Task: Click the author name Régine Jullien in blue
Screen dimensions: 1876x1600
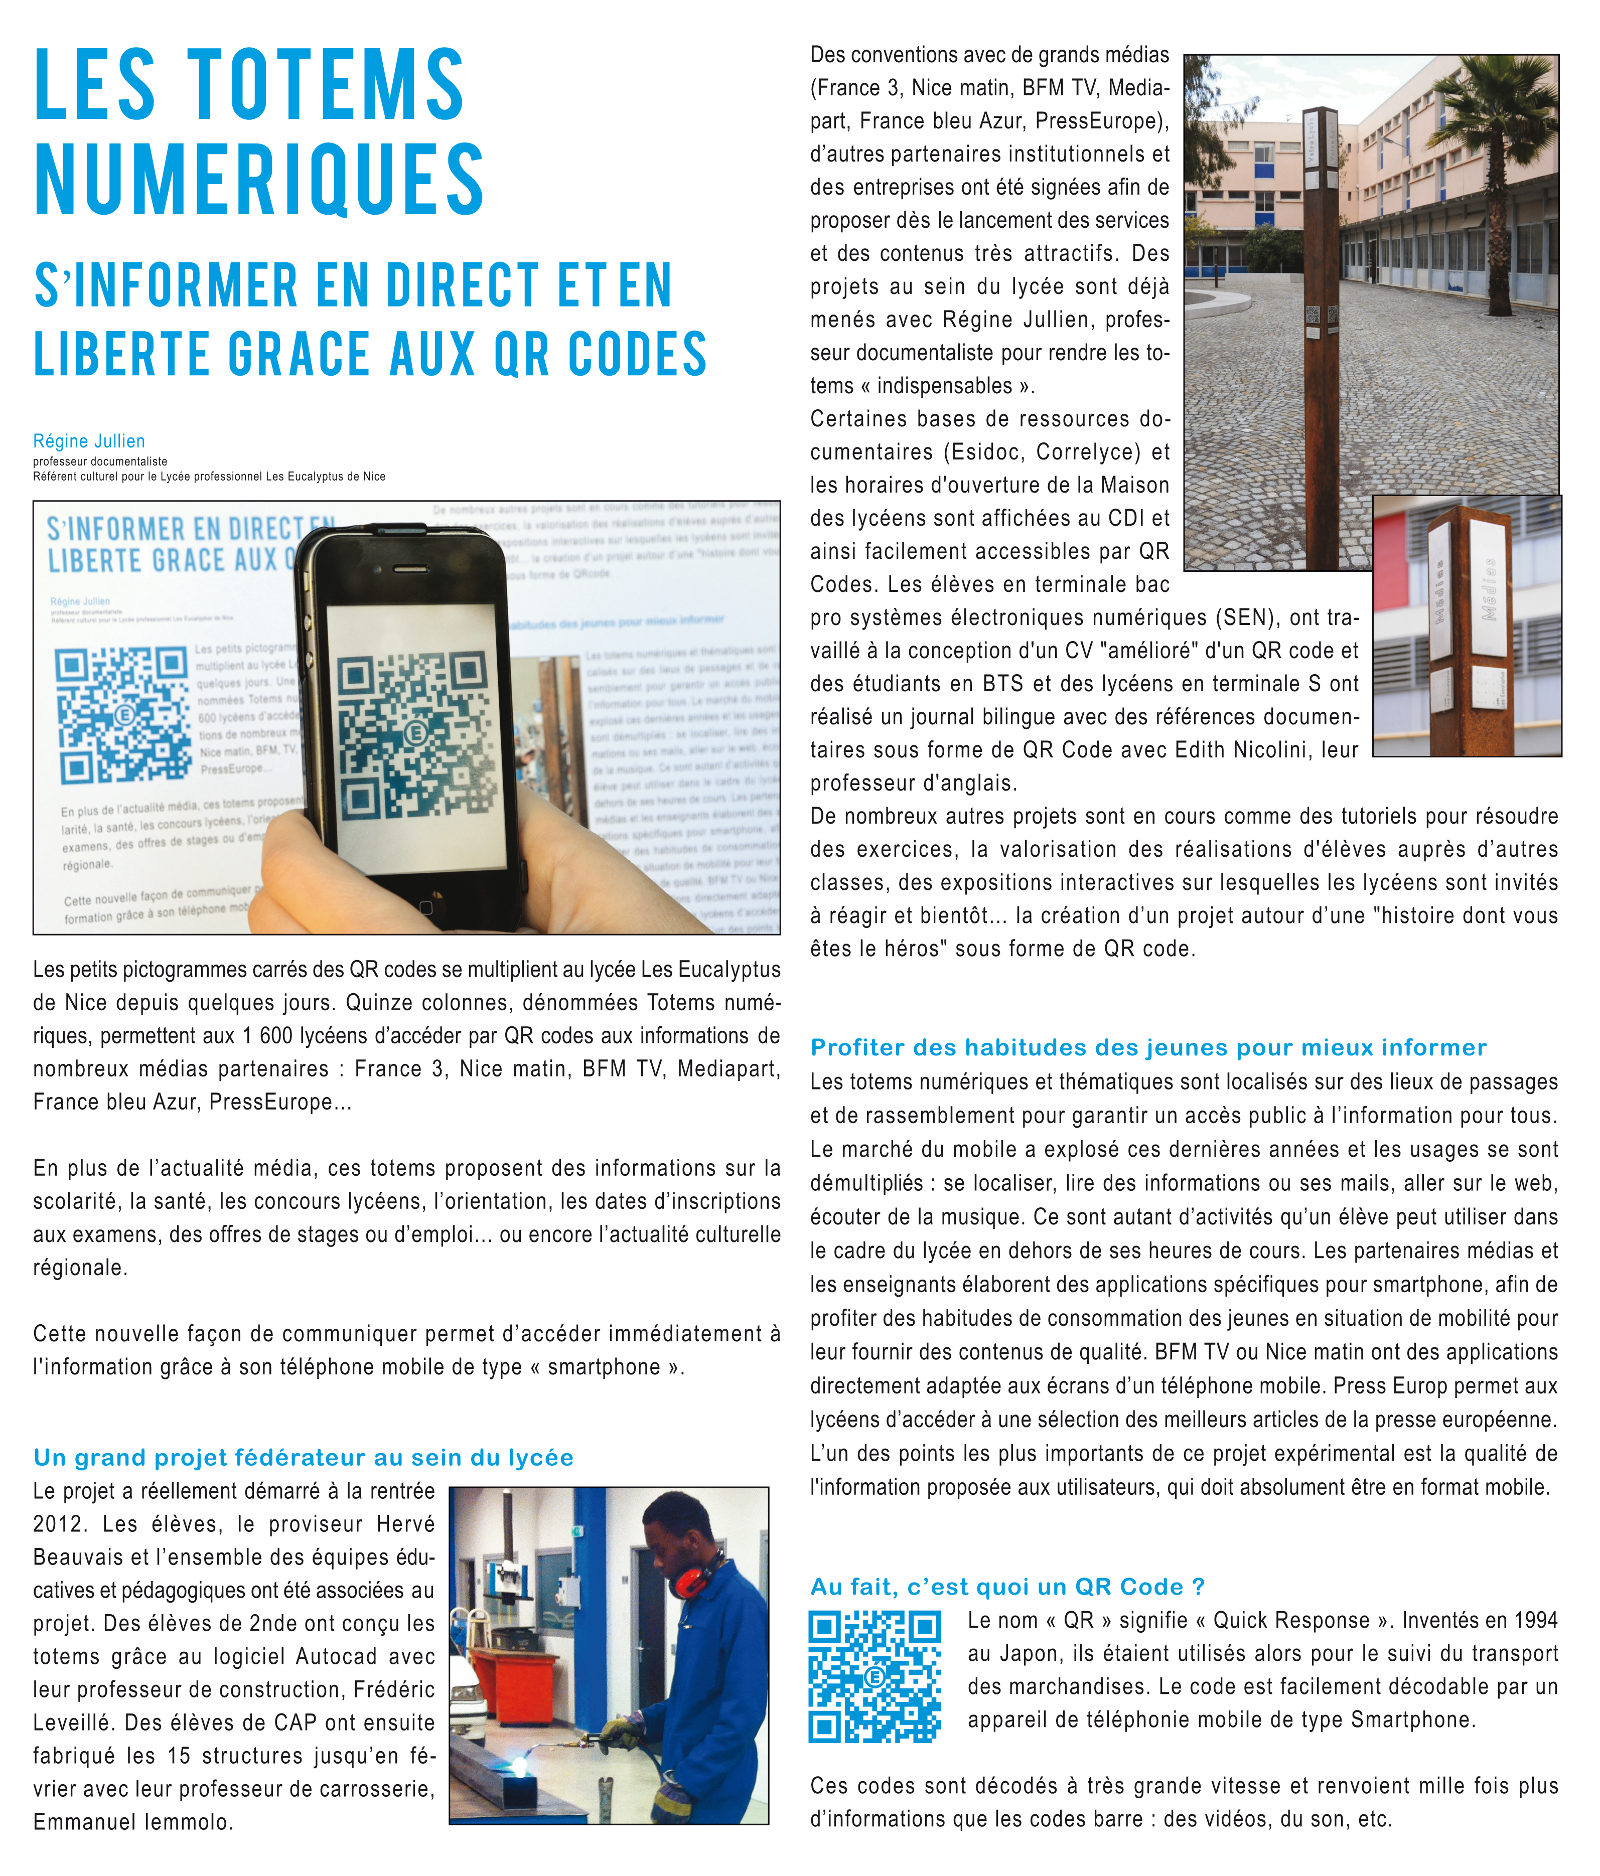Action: tap(89, 441)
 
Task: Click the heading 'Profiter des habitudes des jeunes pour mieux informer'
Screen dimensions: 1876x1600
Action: tap(1148, 1047)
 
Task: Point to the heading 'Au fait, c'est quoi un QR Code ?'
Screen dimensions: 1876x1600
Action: tap(1007, 1586)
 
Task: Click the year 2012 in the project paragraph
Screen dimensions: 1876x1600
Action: tap(61, 1524)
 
